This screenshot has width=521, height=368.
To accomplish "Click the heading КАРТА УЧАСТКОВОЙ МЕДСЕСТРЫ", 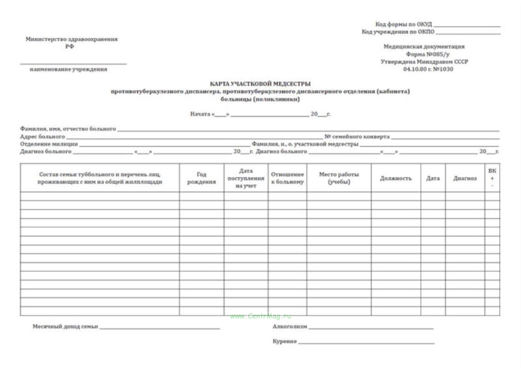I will tap(260, 84).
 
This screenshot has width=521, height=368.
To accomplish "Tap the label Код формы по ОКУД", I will tap(403, 24).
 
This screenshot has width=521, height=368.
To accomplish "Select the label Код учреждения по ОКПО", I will tap(398, 32).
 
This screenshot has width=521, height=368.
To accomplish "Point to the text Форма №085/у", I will tap(428, 54).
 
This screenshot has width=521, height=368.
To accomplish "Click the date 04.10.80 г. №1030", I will tap(428, 69).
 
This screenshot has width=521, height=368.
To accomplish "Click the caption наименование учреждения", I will tap(69, 69).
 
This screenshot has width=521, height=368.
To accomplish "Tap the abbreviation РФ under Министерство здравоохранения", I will tap(70, 47).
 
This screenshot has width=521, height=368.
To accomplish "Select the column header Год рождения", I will tap(202, 178).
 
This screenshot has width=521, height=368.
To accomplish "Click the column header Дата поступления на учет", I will tap(246, 178).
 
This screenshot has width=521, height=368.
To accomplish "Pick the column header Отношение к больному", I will tap(287, 178).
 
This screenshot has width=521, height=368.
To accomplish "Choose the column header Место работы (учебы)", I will tap(339, 178).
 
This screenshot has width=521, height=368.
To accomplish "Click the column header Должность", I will tap(396, 178).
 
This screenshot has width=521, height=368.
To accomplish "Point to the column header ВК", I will tap(492, 171).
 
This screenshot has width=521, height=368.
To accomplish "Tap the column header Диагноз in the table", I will tap(465, 178).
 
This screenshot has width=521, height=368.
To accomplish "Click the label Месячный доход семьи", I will tap(65, 327).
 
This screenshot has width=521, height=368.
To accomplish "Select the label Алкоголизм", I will tap(290, 327).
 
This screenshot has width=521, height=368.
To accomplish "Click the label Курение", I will tap(284, 341).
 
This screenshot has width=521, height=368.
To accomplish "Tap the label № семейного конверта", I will tap(357, 137).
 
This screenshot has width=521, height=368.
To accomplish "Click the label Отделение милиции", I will tap(49, 144).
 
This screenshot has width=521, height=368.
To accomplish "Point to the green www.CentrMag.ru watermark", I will tap(260, 316).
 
